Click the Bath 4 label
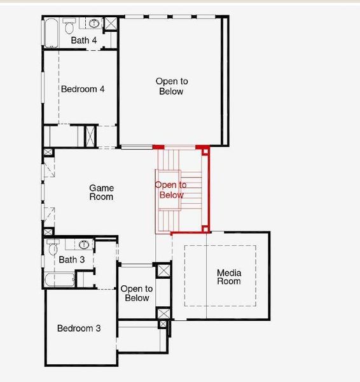(x=84, y=41)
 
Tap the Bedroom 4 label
(x=83, y=89)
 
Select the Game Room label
(x=101, y=192)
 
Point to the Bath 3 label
(x=72, y=260)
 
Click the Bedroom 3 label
(x=79, y=329)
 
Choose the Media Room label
(x=229, y=278)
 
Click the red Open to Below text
(x=171, y=190)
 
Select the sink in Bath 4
(x=94, y=24)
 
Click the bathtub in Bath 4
(x=52, y=33)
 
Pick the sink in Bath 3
(x=84, y=245)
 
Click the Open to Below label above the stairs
(x=172, y=87)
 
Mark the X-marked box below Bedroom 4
(x=91, y=137)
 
